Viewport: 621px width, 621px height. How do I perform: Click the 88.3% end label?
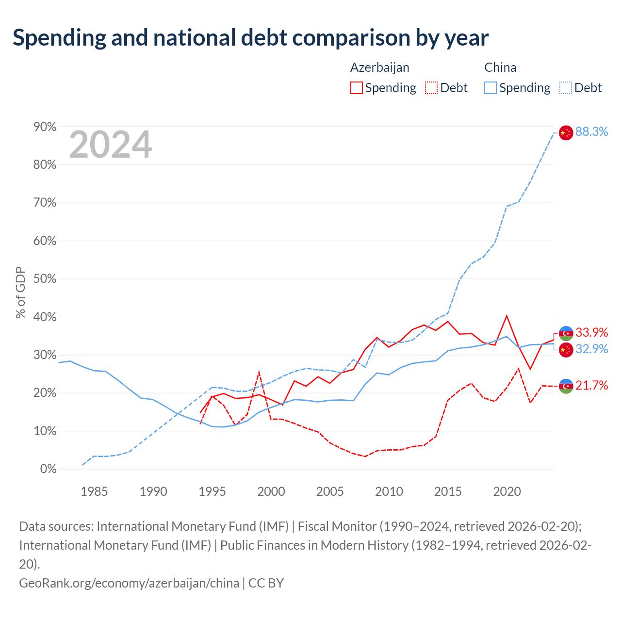[x=591, y=131]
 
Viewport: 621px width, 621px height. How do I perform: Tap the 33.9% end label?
[x=591, y=332]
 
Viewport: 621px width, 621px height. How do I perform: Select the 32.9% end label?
[x=591, y=349]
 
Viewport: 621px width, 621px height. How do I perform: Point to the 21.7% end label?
[x=591, y=385]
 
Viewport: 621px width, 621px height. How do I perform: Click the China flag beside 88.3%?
[x=566, y=133]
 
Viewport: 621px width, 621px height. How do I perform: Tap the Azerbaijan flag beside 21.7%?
[x=566, y=386]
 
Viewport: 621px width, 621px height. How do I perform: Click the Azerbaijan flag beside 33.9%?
[x=566, y=333]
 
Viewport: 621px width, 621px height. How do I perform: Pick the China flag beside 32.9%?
[x=566, y=350]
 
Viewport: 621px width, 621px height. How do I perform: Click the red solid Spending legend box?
[x=357, y=88]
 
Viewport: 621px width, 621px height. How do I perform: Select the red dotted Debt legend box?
[x=431, y=88]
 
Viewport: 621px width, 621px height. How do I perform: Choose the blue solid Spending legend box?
[x=490, y=88]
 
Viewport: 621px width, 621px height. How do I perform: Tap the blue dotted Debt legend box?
[x=565, y=88]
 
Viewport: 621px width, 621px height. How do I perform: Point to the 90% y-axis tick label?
[x=45, y=127]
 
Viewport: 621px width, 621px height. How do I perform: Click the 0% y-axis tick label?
[x=49, y=469]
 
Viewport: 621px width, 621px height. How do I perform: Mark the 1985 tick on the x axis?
[x=94, y=492]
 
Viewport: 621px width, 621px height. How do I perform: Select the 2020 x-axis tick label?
[x=507, y=492]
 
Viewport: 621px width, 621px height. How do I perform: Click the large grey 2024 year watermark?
[x=111, y=144]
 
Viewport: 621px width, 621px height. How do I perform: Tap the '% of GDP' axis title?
[x=20, y=293]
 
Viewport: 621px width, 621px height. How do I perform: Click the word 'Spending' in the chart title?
[x=60, y=38]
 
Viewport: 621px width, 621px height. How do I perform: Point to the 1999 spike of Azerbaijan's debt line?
[x=259, y=372]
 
